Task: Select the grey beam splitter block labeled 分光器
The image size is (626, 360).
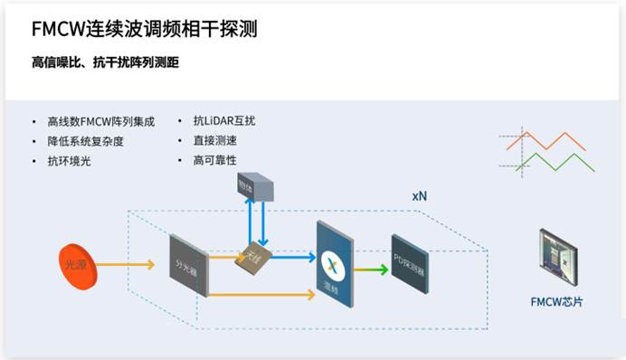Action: pyautogui.click(x=189, y=264)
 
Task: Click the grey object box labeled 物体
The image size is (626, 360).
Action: pyautogui.click(x=251, y=186)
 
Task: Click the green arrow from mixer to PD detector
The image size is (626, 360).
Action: pyautogui.click(x=370, y=269)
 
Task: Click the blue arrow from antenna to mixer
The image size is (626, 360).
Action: pyautogui.click(x=289, y=257)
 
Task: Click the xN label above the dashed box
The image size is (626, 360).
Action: pyautogui.click(x=421, y=195)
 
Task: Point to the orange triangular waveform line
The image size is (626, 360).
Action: pyautogui.click(x=547, y=142)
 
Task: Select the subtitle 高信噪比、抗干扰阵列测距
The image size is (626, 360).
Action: pyautogui.click(x=111, y=62)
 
